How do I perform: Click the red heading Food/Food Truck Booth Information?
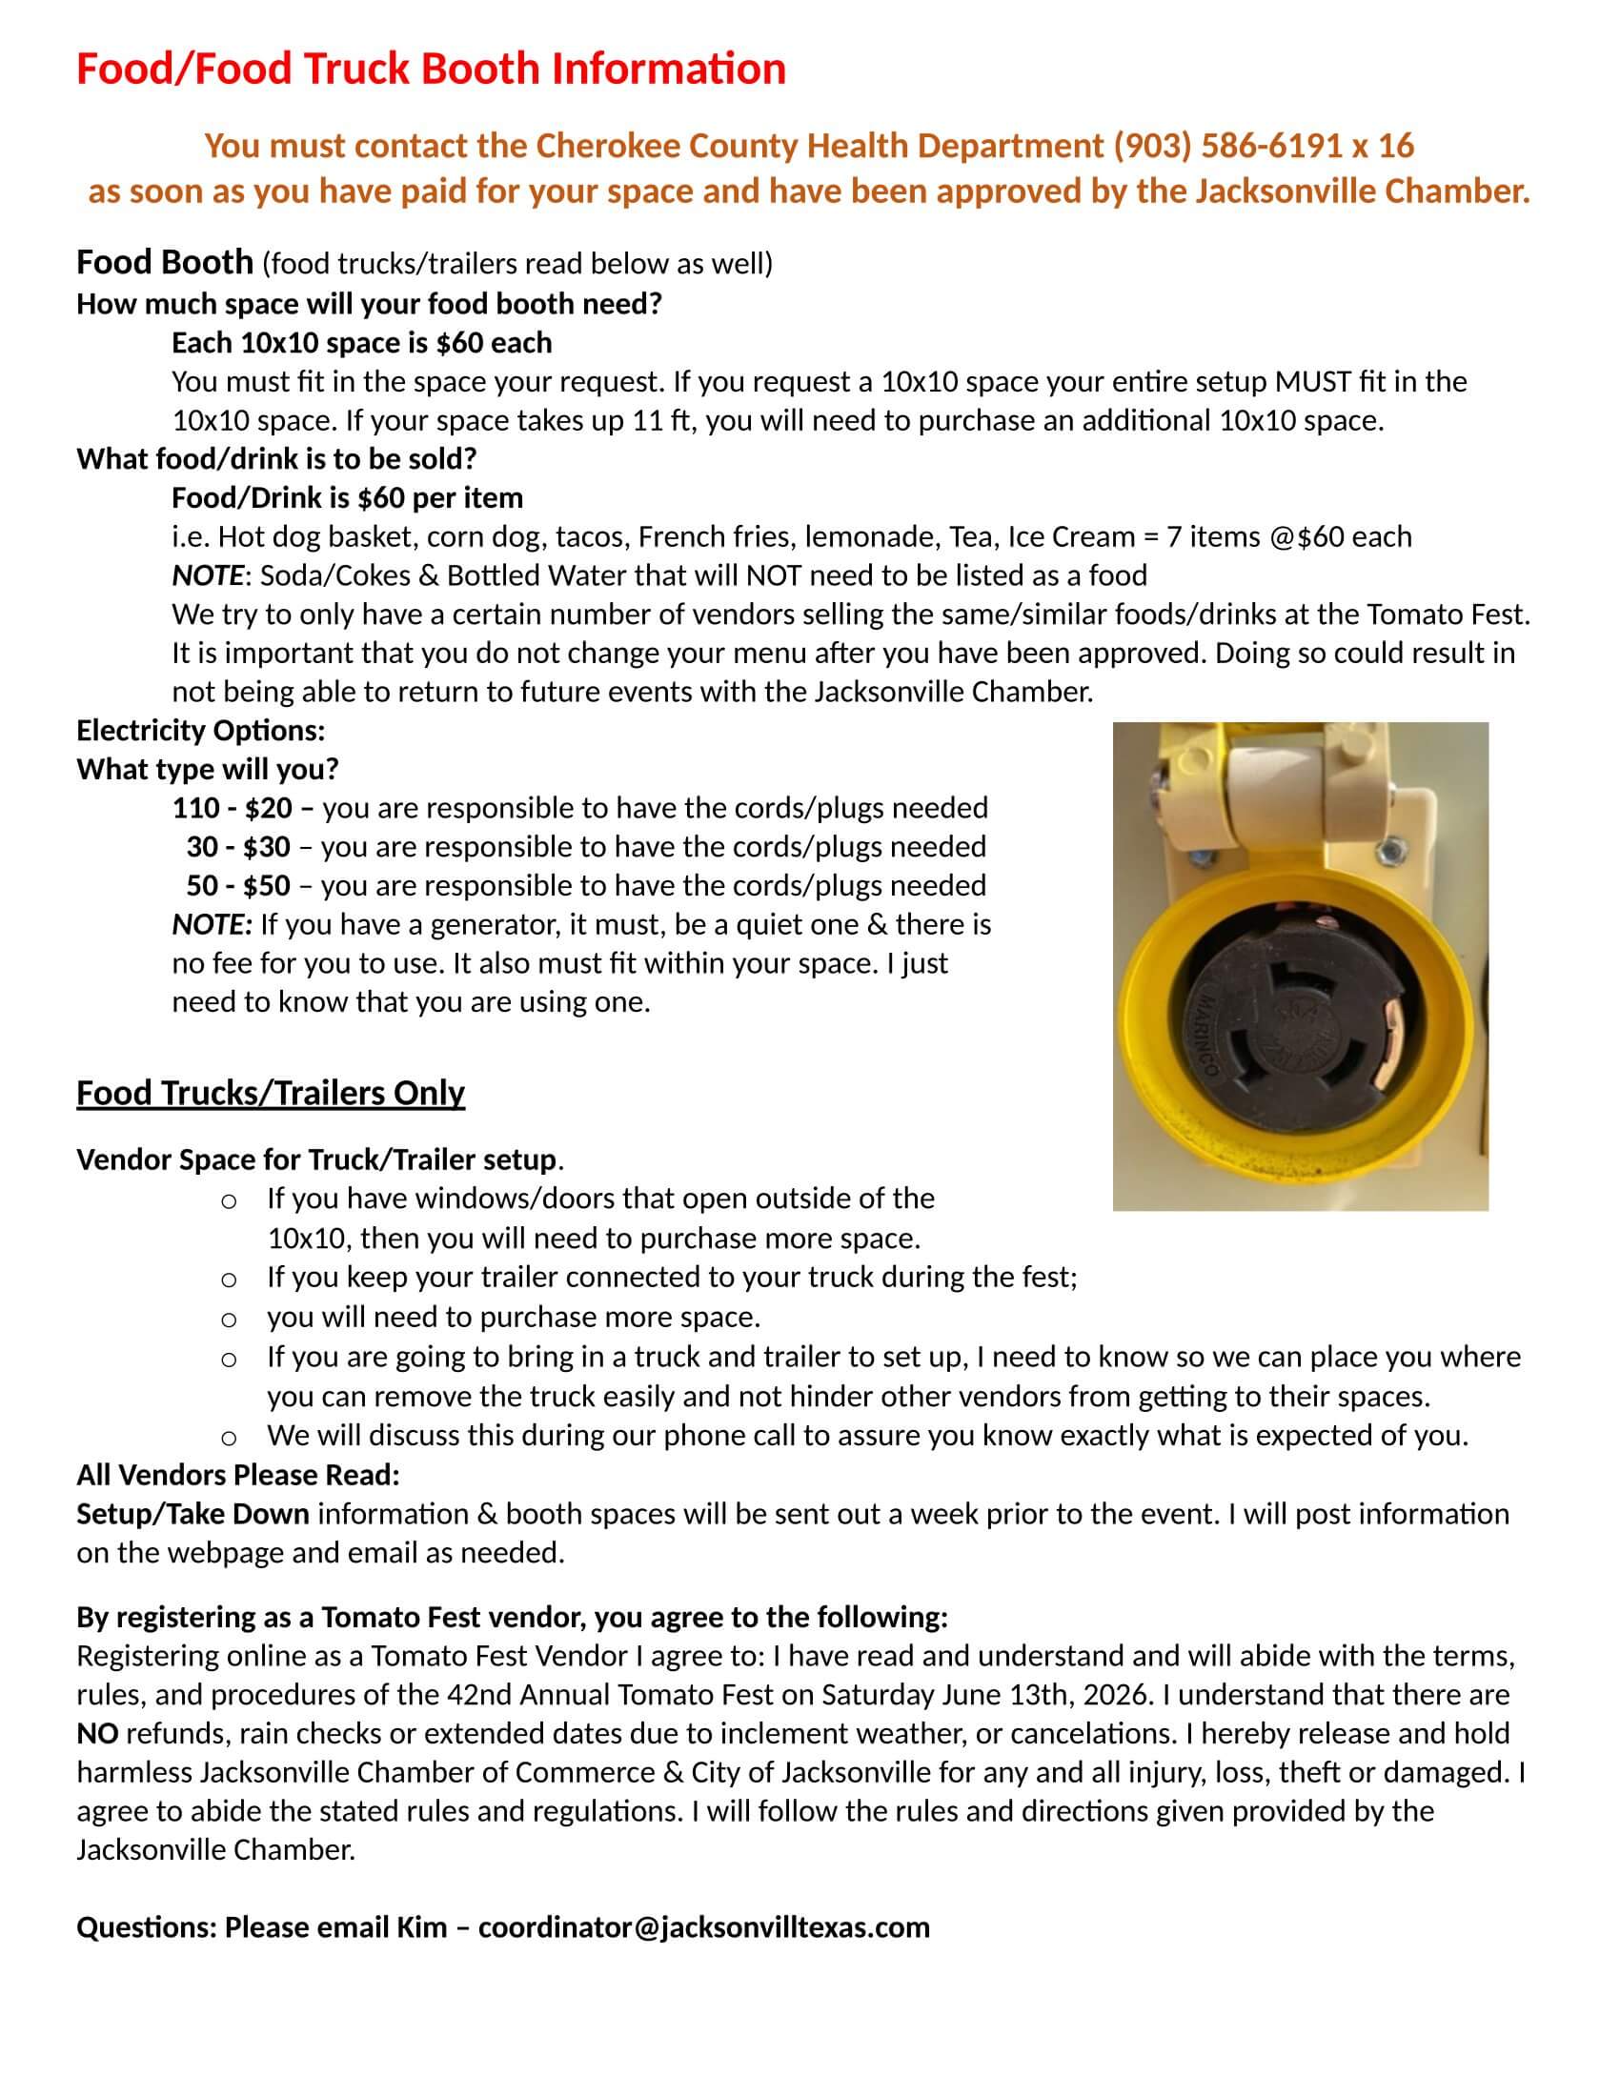tap(431, 70)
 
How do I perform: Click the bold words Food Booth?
tap(164, 262)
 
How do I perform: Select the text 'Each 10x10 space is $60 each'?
tap(361, 343)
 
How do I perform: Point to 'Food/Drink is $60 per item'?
tap(347, 497)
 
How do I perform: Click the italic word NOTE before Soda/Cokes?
tap(207, 574)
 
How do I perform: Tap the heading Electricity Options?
tap(200, 731)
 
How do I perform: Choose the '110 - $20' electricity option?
tap(232, 808)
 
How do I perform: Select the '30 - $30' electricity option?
tap(238, 846)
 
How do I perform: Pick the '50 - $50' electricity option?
tap(238, 885)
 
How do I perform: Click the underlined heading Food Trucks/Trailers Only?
tap(270, 1093)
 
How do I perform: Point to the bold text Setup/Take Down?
tap(192, 1514)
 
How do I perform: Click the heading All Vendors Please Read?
tap(238, 1474)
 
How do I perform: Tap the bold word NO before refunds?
tap(97, 1732)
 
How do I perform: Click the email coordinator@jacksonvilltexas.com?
tap(703, 1926)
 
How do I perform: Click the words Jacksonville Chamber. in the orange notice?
tap(1362, 191)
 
